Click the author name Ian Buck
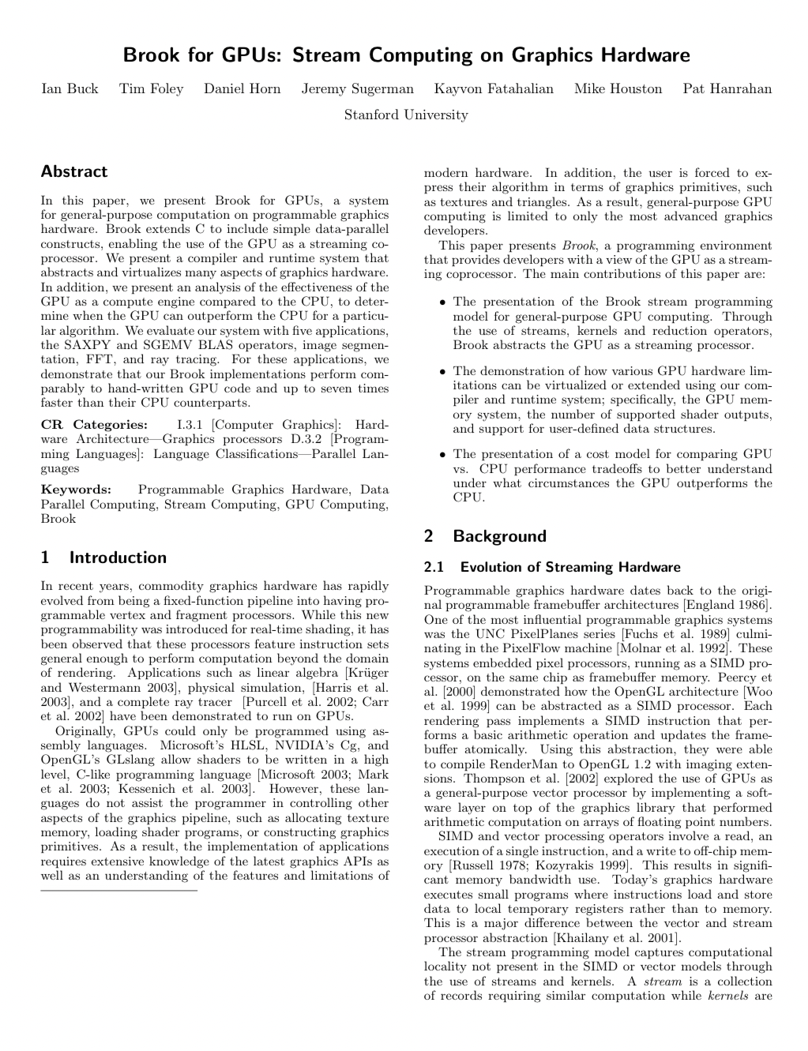70,89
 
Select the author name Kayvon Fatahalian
494,89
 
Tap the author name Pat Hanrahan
727,89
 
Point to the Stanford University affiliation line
406,115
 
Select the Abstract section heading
74,171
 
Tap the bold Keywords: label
76,490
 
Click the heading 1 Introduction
103,557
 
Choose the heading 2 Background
485,536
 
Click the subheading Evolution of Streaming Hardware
569,567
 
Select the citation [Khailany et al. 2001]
616,938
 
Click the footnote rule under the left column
118,891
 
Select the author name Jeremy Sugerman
357,89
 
